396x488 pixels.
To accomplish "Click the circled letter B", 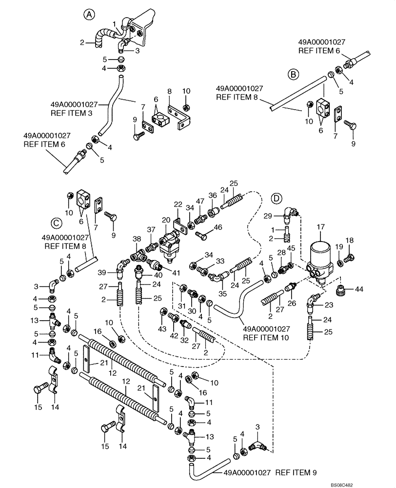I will tap(293, 74).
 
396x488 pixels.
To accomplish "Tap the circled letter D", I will tap(277, 199).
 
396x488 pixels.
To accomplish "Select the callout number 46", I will tap(218, 227).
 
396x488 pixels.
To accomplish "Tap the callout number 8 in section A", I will tap(169, 91).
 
